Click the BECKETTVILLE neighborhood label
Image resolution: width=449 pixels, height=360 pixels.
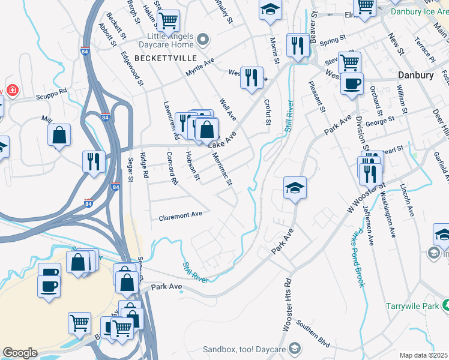pos(161,58)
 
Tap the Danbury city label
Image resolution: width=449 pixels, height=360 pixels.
pos(415,76)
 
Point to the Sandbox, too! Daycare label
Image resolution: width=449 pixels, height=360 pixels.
pos(245,349)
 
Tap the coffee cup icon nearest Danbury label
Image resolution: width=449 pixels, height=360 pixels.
pos(352,83)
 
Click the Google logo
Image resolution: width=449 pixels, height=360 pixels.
pos(20,353)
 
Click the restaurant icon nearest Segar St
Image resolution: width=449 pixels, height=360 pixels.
pos(94,161)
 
